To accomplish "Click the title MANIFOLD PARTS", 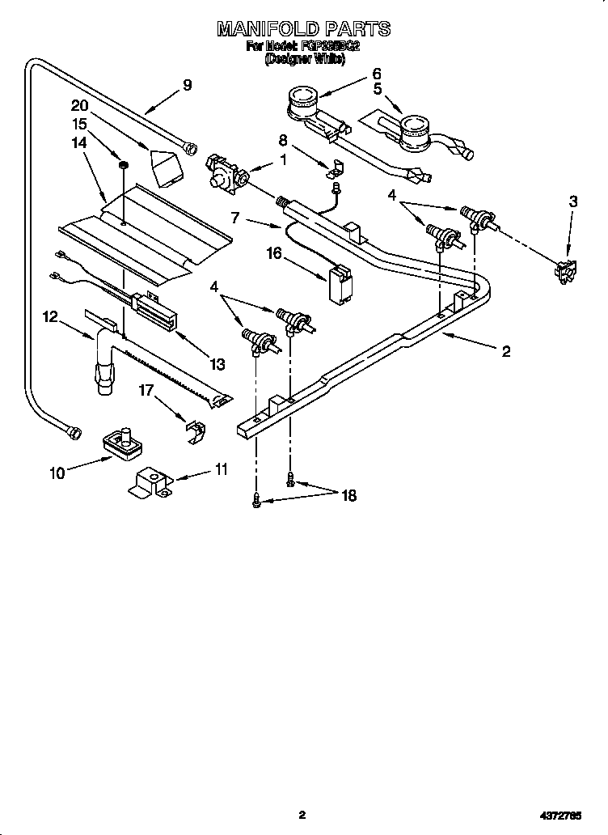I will click(303, 29).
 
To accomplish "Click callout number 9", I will click(187, 84).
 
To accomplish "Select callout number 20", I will click(78, 105).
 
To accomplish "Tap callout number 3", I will click(572, 201).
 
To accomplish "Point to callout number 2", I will click(506, 351).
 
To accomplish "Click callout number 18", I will click(348, 495).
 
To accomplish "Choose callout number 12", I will click(51, 317).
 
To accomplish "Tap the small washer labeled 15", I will click(123, 166).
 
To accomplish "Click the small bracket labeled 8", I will click(333, 168).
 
